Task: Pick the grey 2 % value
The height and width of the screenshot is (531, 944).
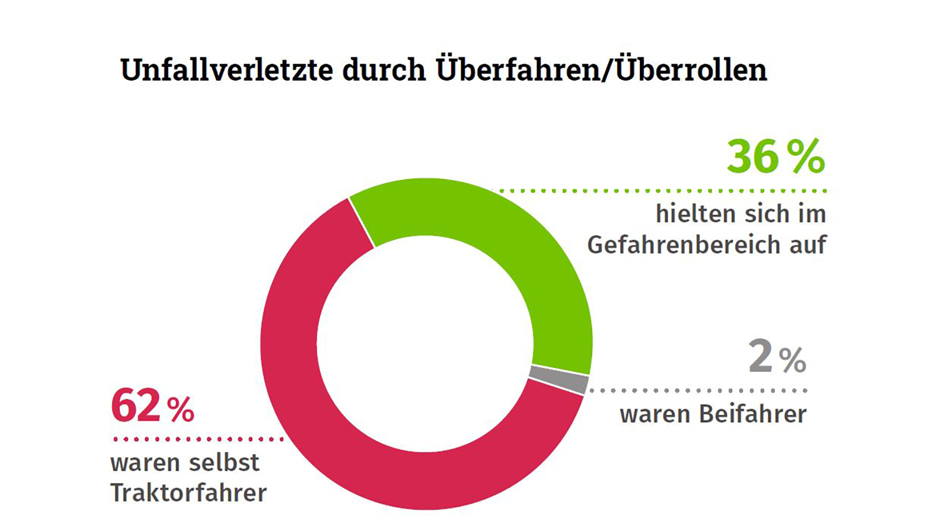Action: point(777,357)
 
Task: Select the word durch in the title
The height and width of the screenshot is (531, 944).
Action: point(384,70)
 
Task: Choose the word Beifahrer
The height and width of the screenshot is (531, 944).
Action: point(753,414)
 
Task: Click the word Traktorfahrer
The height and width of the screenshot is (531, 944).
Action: point(189,493)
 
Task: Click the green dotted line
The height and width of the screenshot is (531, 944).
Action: point(662,190)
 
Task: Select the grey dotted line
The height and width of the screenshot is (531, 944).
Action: point(698,390)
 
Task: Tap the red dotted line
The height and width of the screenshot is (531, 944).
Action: point(198,439)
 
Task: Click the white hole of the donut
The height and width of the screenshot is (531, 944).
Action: point(425,344)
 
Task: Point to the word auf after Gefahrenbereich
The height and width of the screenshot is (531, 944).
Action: point(808,245)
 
